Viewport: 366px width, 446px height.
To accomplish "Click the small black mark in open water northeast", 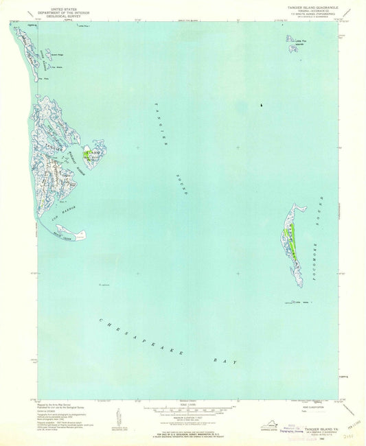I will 260,105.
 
